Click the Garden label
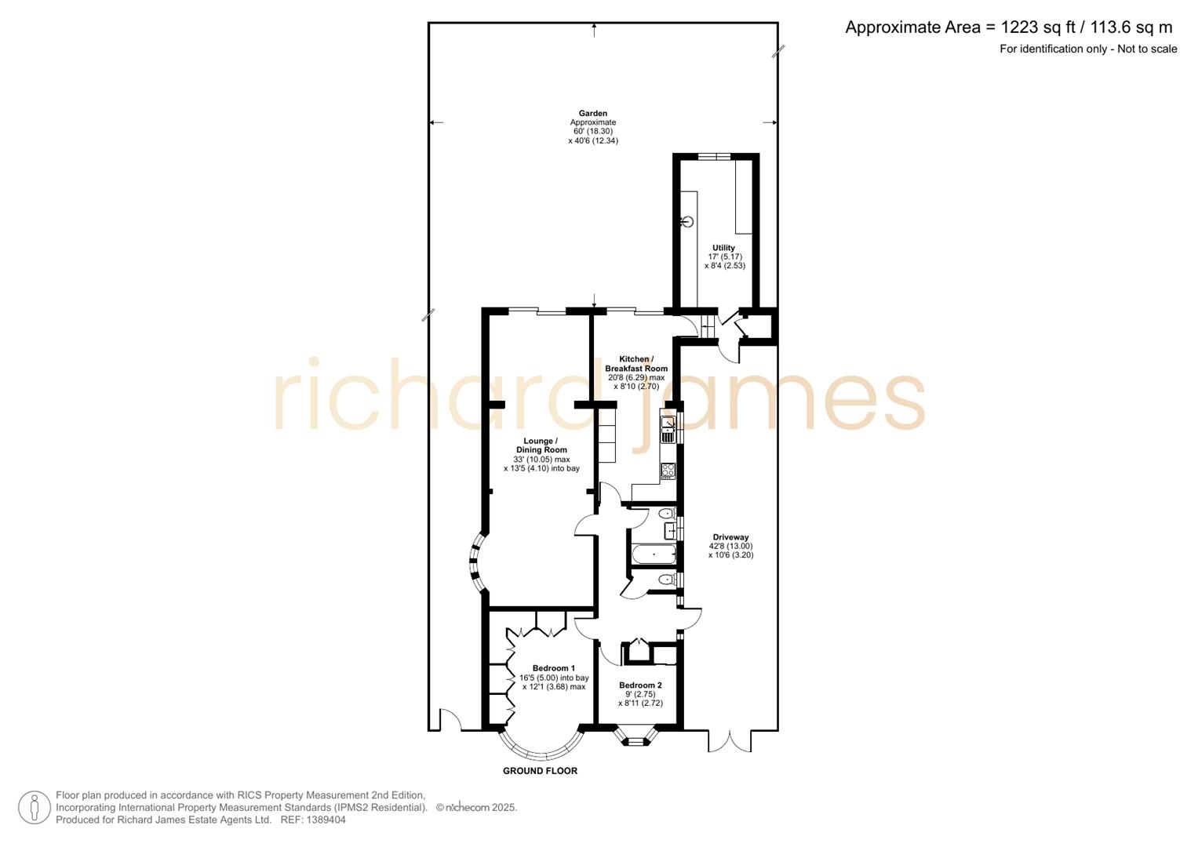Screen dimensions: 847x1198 point(593,114)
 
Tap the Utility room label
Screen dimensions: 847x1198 point(723,248)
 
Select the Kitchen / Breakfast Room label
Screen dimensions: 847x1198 point(636,364)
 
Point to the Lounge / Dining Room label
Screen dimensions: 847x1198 point(541,445)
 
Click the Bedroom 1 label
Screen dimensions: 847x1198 point(554,668)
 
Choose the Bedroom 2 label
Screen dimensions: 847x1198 point(640,685)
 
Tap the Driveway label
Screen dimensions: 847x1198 point(730,537)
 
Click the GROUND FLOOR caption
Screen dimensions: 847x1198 point(540,771)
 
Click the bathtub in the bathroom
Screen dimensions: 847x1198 point(654,555)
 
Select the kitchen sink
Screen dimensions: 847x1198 point(668,428)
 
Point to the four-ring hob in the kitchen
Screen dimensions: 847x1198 point(668,471)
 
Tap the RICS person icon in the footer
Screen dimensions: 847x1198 point(34,807)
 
